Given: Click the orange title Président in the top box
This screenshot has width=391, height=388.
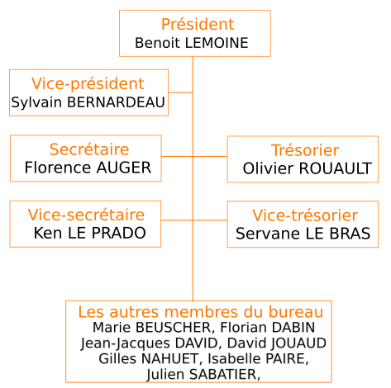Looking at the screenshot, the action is (x=198, y=24).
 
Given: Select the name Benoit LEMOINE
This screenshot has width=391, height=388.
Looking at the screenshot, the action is (x=192, y=43).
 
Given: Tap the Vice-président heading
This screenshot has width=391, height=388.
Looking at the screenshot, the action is (x=88, y=83).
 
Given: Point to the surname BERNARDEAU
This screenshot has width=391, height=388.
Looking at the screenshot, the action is (x=116, y=102).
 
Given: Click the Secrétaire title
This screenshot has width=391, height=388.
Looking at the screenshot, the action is (x=89, y=149).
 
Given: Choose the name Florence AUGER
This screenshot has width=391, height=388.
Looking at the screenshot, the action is (x=88, y=168).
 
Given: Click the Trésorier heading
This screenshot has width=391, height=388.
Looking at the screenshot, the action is (x=305, y=150).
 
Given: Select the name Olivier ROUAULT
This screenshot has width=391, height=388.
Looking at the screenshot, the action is (x=308, y=168).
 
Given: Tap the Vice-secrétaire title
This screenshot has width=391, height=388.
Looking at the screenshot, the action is (x=86, y=215).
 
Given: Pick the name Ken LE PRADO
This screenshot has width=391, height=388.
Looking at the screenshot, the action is (x=90, y=233).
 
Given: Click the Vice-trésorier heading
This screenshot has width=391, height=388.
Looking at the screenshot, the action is (x=305, y=215).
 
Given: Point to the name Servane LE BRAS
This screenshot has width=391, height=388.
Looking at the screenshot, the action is (x=303, y=234).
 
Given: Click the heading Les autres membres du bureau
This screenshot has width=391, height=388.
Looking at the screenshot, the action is (x=201, y=312).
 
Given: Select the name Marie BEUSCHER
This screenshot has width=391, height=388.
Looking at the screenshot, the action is (x=151, y=328).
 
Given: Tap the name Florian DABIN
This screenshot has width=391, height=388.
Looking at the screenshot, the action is (x=268, y=328).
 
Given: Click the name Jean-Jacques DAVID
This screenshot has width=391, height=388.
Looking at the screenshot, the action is (x=149, y=343).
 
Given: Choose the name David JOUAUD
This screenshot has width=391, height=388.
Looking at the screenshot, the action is (x=277, y=343).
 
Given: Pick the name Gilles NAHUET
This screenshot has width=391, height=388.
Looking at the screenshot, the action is (x=148, y=359).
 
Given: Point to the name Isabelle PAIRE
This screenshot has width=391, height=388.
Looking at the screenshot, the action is (x=258, y=359).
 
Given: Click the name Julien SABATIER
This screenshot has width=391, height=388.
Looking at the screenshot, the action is (x=202, y=375).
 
